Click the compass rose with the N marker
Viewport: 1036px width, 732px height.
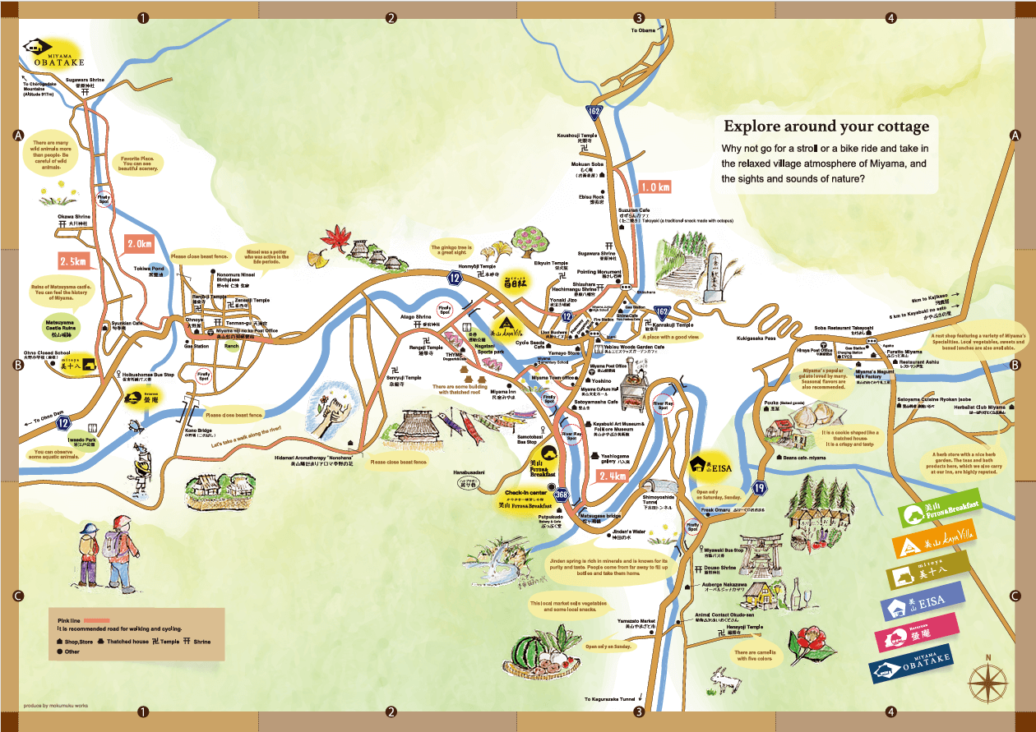click(988, 680)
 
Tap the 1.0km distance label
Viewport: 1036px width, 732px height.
click(654, 187)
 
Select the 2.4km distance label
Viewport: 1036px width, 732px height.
click(613, 476)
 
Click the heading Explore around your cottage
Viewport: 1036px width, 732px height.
click(826, 127)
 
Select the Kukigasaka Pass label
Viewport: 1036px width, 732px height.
click(756, 338)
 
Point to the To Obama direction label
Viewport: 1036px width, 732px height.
click(645, 30)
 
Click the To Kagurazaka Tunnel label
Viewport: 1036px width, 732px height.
click(609, 699)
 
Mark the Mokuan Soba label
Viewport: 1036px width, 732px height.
click(588, 165)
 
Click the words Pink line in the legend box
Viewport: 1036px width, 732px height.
click(71, 619)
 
